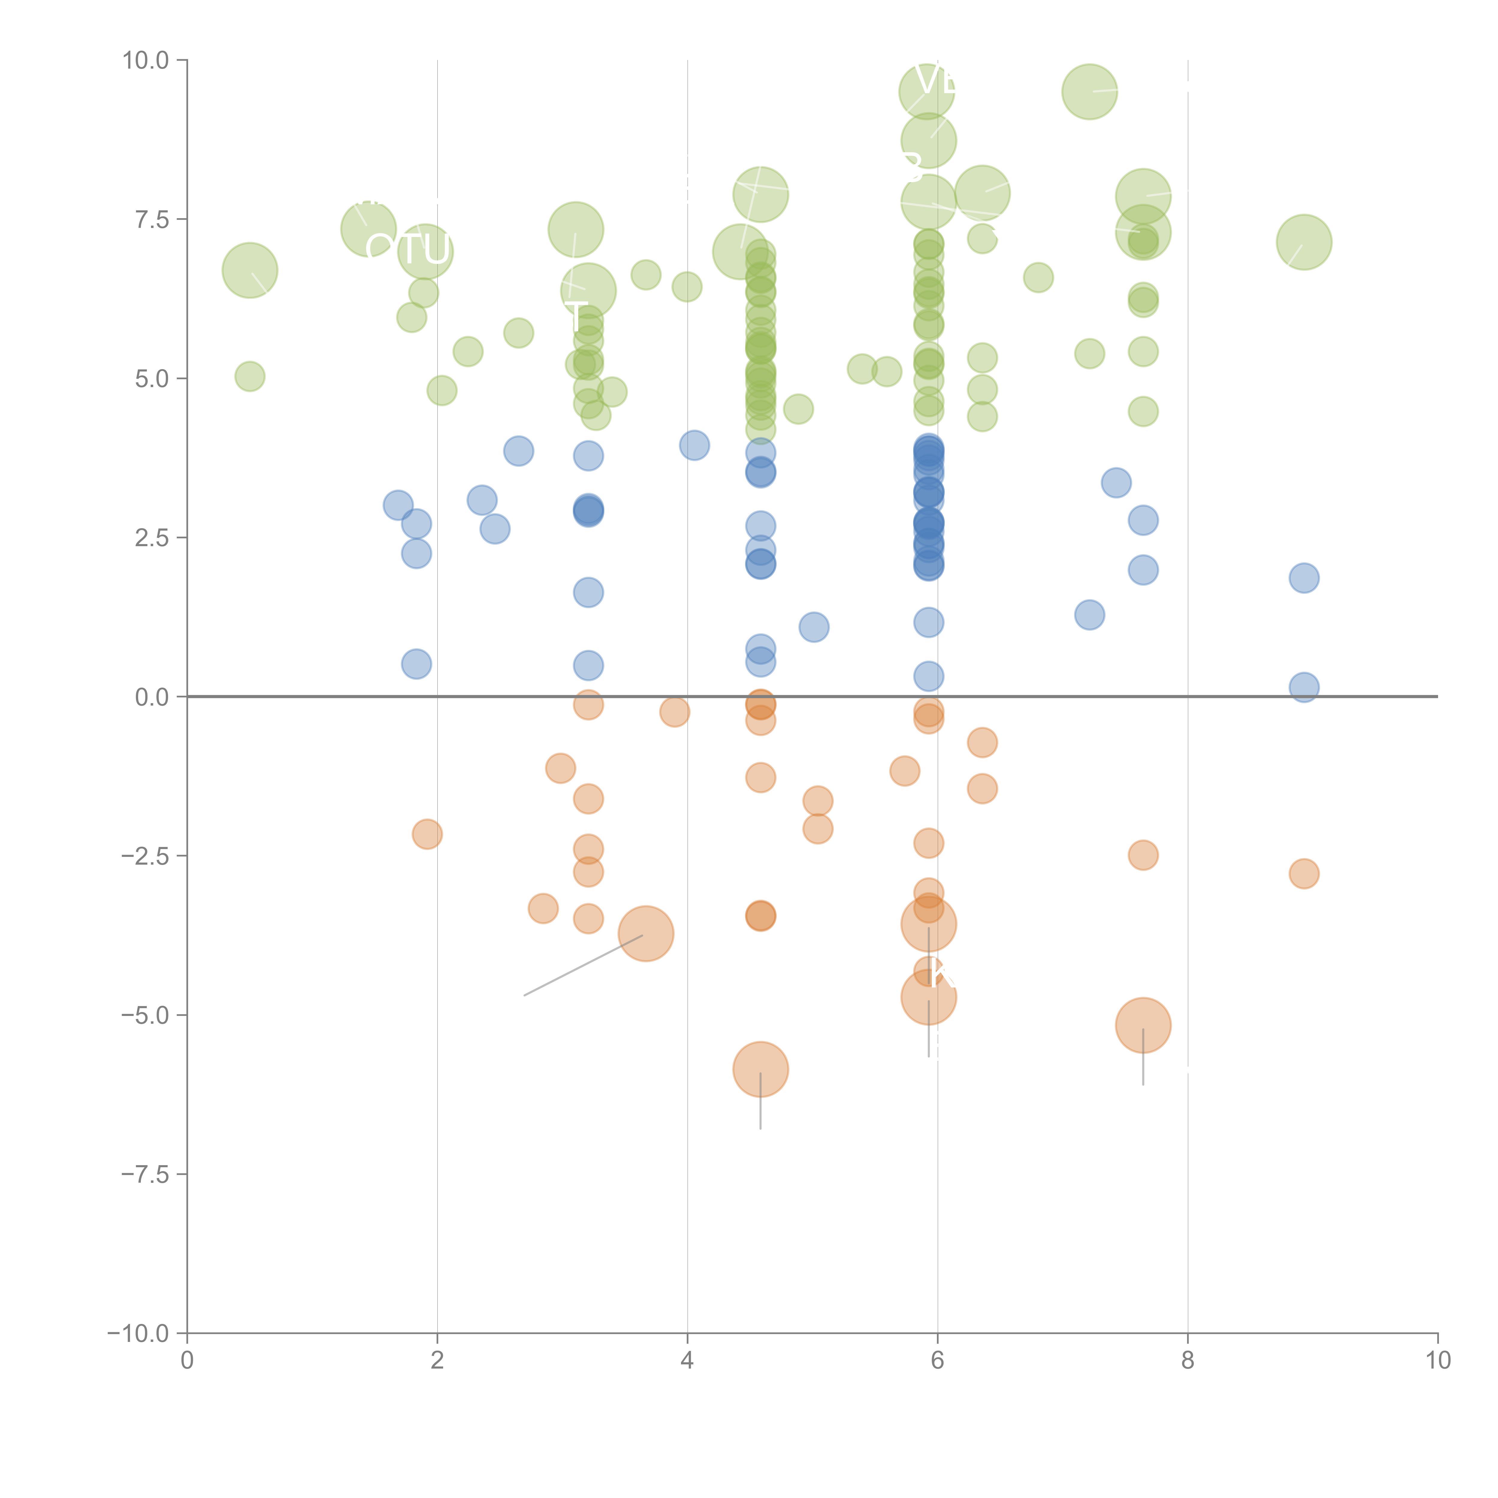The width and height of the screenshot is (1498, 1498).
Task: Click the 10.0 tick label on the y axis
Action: click(146, 61)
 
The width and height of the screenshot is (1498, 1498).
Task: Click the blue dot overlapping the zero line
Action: click(1304, 687)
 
